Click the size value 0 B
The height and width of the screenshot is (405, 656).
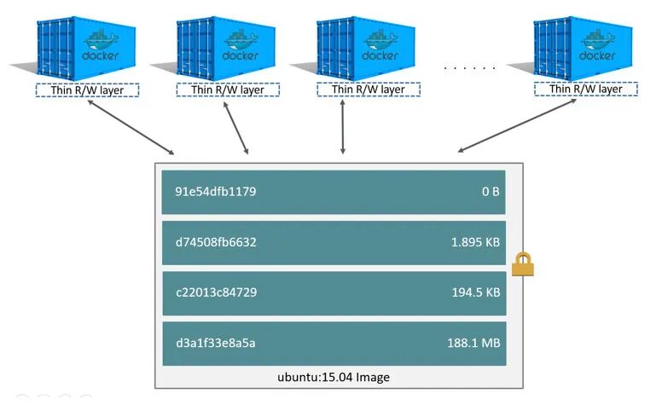click(x=490, y=192)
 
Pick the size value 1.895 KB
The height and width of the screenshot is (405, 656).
click(x=475, y=242)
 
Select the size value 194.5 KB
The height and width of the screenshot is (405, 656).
click(x=475, y=292)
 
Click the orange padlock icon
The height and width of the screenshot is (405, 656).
click(x=522, y=266)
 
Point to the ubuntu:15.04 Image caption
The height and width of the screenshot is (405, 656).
click(x=338, y=377)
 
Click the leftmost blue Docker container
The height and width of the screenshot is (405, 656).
click(x=85, y=46)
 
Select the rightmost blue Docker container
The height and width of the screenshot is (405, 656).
click(x=582, y=46)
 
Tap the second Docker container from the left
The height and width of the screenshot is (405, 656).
click(x=227, y=46)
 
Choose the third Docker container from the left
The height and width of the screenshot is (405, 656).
click(x=367, y=46)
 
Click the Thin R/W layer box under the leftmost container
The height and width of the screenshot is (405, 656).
click(x=86, y=90)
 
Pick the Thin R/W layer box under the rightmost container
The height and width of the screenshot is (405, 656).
click(x=584, y=90)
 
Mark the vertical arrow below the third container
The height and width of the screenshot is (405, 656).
click(x=343, y=126)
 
